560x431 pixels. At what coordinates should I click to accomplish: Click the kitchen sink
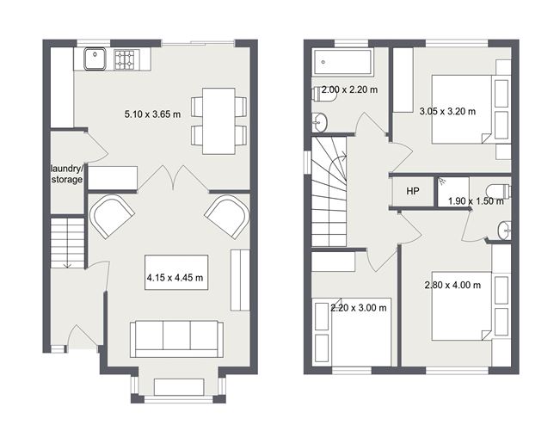pos(95,59)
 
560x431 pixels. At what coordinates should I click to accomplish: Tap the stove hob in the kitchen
pos(126,59)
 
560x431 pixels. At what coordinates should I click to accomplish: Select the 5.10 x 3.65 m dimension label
pos(152,114)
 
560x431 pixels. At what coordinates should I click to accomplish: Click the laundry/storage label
pos(66,175)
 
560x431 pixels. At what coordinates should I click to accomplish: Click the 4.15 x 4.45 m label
pos(175,277)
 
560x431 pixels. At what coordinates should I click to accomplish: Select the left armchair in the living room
pos(113,216)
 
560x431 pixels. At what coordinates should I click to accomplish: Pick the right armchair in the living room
pos(226,216)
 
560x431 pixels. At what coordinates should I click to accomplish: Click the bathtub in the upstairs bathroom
pos(343,62)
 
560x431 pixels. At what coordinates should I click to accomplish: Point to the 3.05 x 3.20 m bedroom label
pos(447,111)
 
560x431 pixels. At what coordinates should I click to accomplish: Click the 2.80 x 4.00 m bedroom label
pos(452,285)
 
